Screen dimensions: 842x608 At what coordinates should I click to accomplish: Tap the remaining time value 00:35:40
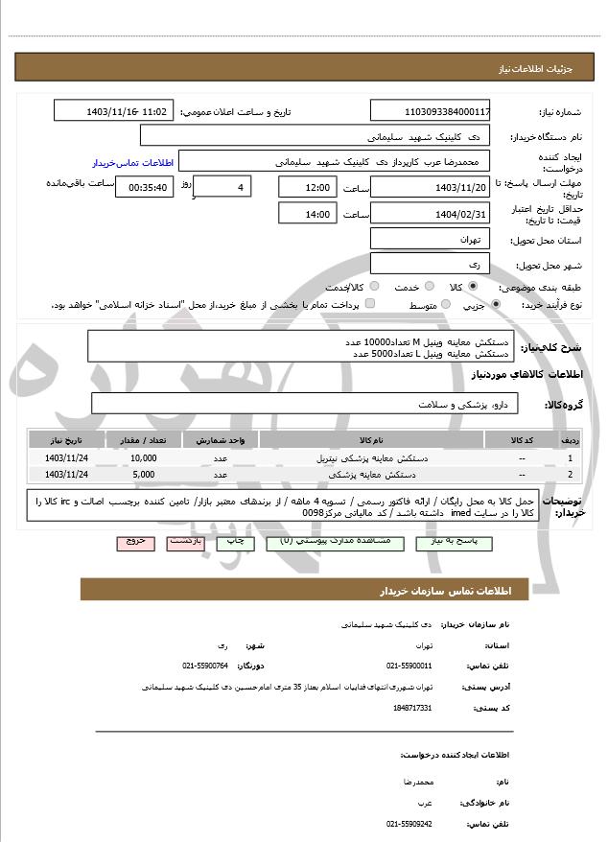[144, 188]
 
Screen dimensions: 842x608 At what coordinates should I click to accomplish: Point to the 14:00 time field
[307, 214]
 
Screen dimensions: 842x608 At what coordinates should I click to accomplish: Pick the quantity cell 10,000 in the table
[144, 458]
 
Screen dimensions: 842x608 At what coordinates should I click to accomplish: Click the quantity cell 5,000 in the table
[144, 474]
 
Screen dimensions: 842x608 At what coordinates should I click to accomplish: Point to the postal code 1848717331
[412, 707]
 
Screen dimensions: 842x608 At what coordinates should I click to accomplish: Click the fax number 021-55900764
[205, 665]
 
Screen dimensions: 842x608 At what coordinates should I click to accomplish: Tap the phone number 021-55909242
[409, 823]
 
